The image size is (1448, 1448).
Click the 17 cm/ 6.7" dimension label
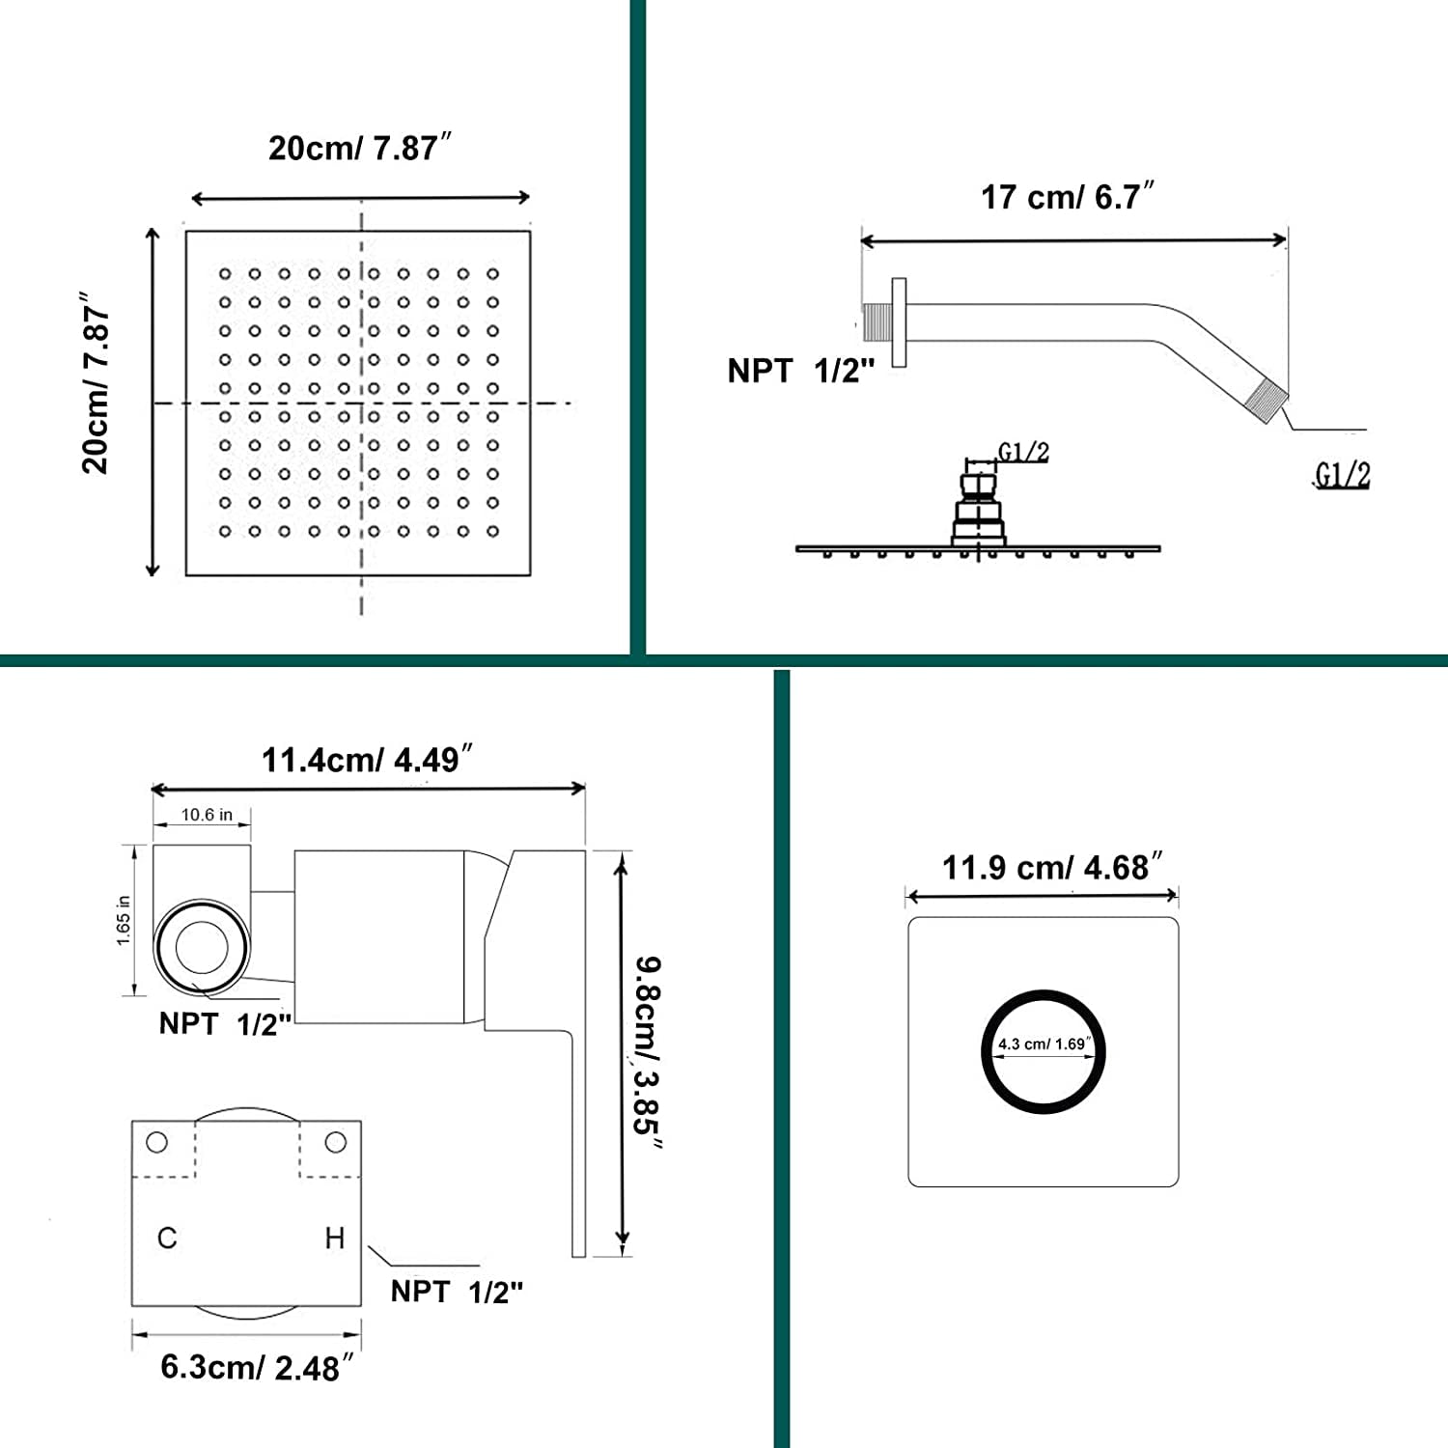coord(1068,196)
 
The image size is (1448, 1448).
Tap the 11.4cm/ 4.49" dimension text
coord(367,760)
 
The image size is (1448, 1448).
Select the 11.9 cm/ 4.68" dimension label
coord(1052,867)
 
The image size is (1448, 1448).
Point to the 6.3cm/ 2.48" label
coord(257,1367)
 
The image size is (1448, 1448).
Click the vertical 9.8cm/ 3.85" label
coord(648,1053)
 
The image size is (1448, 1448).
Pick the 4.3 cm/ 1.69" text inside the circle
coord(1044,1044)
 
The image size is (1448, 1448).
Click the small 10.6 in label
coord(207,815)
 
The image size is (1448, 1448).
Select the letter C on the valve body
coord(167,1239)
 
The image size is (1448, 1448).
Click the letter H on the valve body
coord(334,1238)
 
